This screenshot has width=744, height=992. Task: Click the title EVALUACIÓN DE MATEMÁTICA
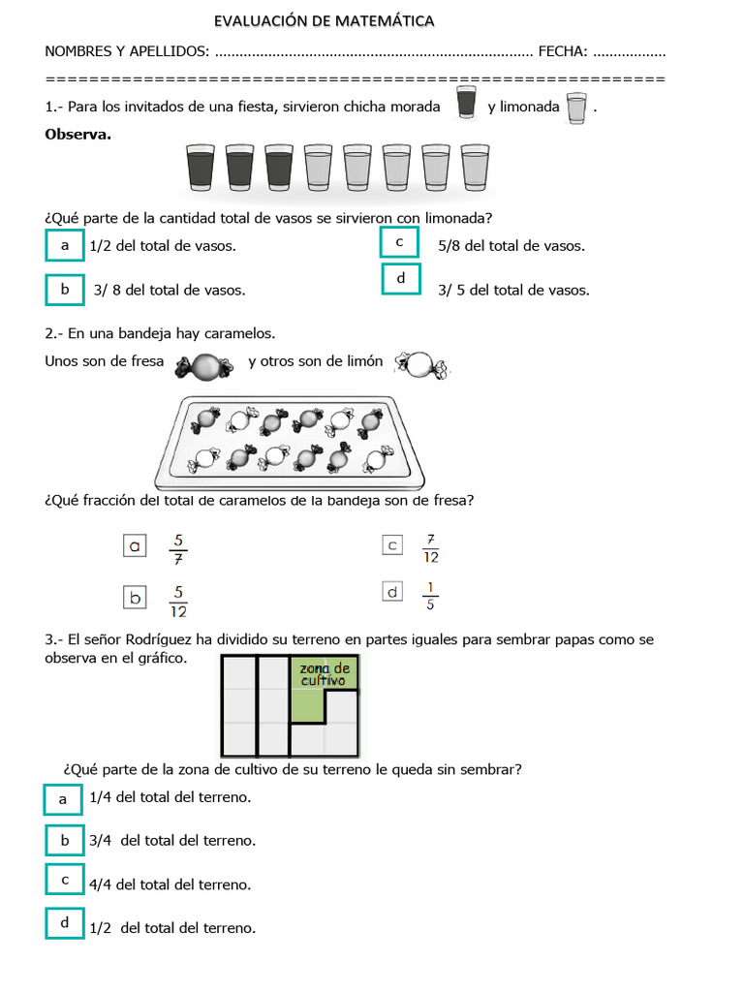click(x=324, y=20)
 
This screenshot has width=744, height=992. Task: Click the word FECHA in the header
click(x=562, y=50)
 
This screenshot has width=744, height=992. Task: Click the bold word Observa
click(x=77, y=134)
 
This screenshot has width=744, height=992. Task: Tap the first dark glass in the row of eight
click(x=201, y=169)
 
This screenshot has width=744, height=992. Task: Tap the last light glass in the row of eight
click(x=475, y=169)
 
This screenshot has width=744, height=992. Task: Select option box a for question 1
click(x=65, y=245)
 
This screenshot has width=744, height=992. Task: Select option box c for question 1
click(x=399, y=241)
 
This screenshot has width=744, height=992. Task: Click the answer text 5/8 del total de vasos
click(x=511, y=246)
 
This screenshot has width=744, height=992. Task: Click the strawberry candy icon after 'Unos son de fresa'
click(x=204, y=365)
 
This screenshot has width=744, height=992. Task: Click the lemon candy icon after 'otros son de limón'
click(x=421, y=364)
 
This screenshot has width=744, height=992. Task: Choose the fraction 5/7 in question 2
click(x=177, y=547)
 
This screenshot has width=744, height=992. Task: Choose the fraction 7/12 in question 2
click(x=430, y=547)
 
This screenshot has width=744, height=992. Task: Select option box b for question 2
click(x=136, y=598)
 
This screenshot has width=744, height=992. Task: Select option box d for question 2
click(x=392, y=592)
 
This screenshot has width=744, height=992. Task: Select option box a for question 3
click(x=64, y=798)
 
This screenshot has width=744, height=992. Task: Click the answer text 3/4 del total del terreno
click(x=171, y=841)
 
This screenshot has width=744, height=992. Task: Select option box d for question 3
click(x=65, y=922)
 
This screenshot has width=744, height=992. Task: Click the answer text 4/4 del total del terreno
click(x=170, y=884)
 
